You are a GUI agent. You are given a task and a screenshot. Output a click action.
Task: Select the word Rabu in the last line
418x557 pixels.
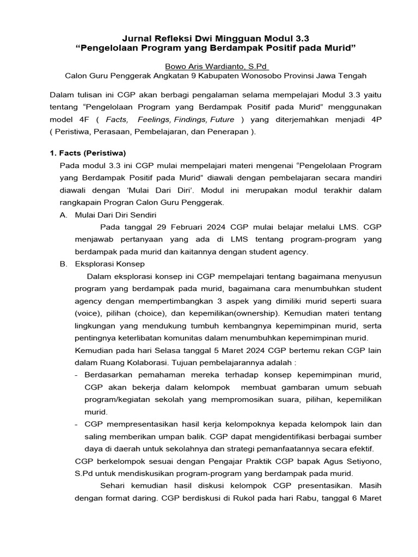coord(317,498)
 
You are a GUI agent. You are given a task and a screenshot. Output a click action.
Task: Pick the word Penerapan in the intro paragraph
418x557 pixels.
coord(223,132)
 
